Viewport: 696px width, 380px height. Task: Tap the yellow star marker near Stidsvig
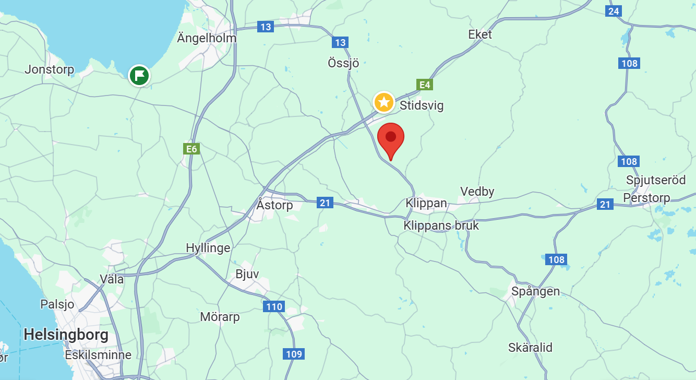pyautogui.click(x=383, y=102)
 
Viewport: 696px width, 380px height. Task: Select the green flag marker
pyautogui.click(x=139, y=75)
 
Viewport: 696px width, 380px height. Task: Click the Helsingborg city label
pyautogui.click(x=66, y=335)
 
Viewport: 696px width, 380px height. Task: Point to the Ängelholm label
pyautogui.click(x=207, y=38)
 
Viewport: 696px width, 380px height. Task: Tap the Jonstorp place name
pyautogui.click(x=50, y=69)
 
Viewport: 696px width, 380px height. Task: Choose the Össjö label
pyautogui.click(x=343, y=63)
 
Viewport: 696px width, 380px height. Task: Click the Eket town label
pyautogui.click(x=480, y=34)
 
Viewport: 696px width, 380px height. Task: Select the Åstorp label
pyautogui.click(x=274, y=205)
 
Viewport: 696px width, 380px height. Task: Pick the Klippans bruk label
pyautogui.click(x=441, y=225)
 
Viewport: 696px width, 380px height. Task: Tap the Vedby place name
pyautogui.click(x=477, y=192)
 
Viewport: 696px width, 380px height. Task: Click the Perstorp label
pyautogui.click(x=646, y=198)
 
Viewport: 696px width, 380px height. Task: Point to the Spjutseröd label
pyautogui.click(x=656, y=180)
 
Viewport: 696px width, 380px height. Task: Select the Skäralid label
pyautogui.click(x=530, y=347)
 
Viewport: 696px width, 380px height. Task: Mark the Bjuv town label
pyautogui.click(x=247, y=274)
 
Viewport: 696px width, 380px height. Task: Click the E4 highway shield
pyautogui.click(x=424, y=85)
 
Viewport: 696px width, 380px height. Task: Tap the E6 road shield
pyautogui.click(x=192, y=149)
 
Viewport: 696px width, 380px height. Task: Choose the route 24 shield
pyautogui.click(x=614, y=11)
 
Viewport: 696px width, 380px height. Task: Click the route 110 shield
pyautogui.click(x=274, y=307)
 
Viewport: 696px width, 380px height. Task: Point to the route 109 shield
pyautogui.click(x=294, y=354)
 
